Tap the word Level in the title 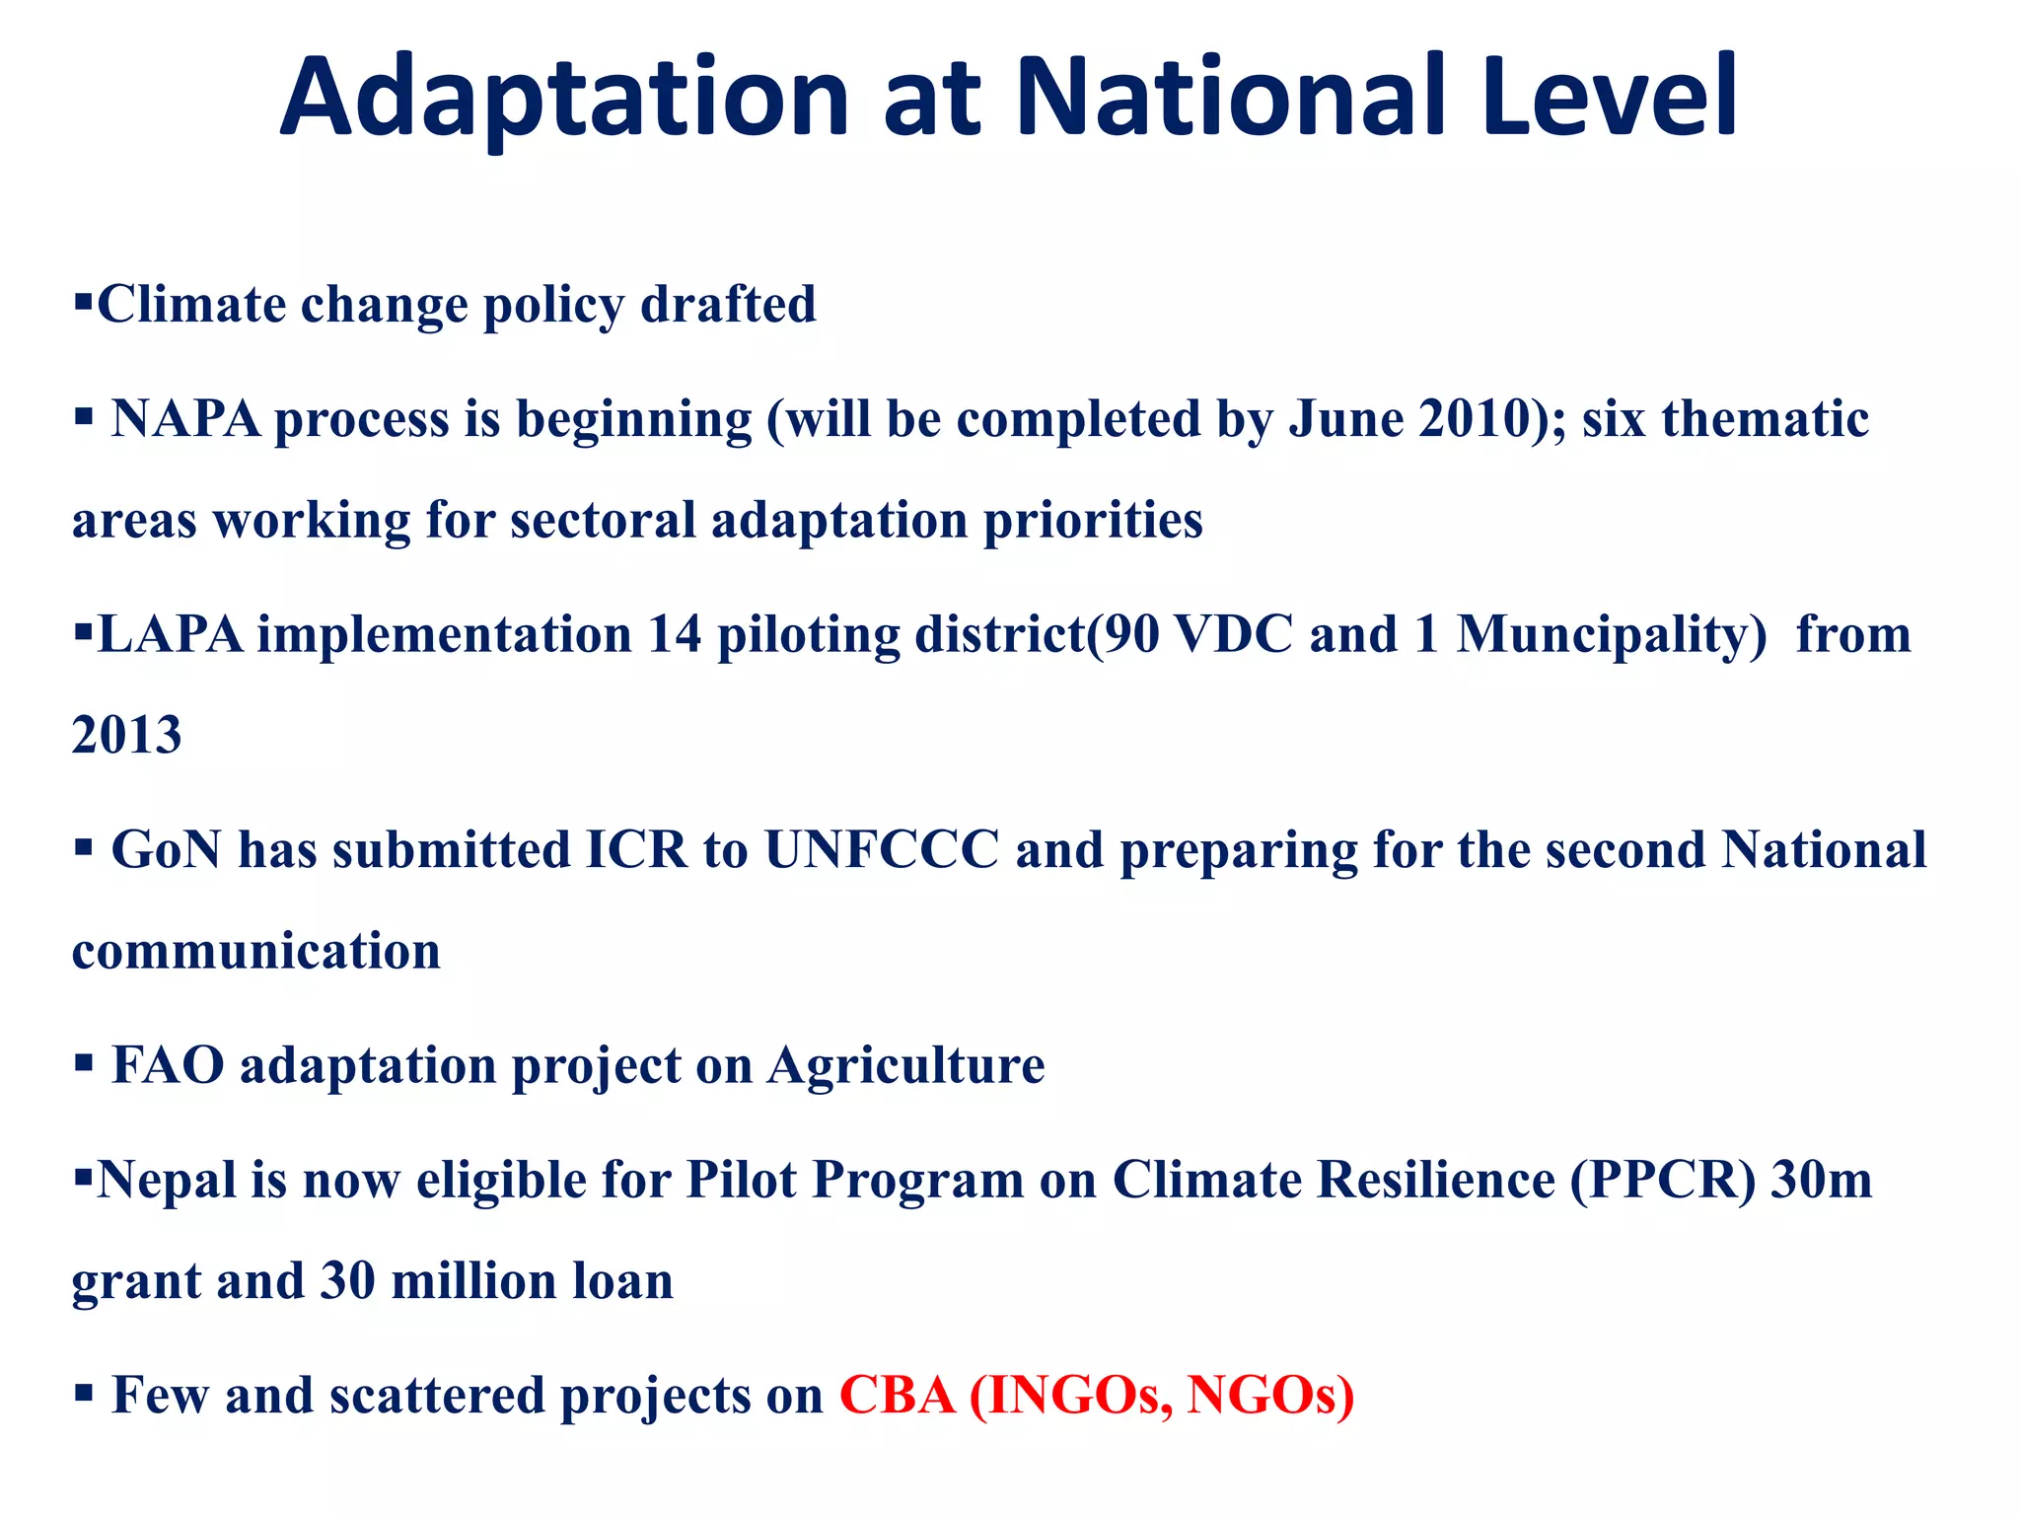click(1609, 97)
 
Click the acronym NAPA click(185, 419)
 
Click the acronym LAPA click(170, 634)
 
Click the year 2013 click(127, 736)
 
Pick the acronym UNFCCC click(882, 850)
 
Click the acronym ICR click(635, 850)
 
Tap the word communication click(256, 952)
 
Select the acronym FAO click(168, 1066)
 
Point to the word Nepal click(167, 1182)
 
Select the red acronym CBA click(897, 1396)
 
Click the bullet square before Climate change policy click(83, 299)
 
